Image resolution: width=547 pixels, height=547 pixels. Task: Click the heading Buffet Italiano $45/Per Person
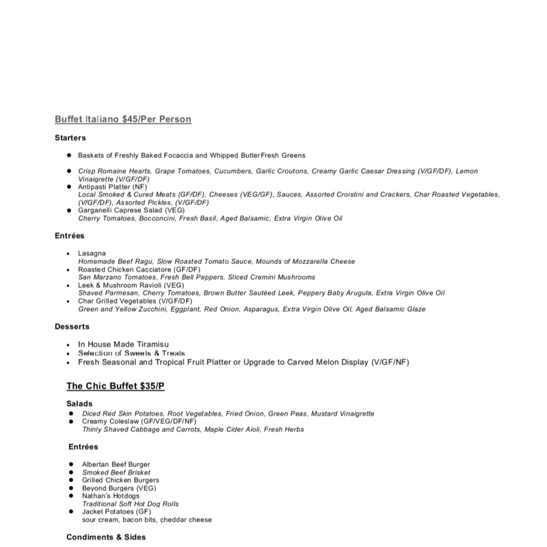click(122, 120)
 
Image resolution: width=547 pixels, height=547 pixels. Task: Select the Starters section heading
click(70, 138)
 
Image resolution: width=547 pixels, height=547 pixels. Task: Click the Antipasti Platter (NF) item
click(110, 186)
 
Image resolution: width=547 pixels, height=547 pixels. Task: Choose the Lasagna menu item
click(92, 254)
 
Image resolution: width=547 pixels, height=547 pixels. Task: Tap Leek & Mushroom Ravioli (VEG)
click(126, 285)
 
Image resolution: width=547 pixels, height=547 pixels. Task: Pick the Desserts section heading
click(72, 327)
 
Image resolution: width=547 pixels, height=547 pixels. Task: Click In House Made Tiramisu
click(123, 344)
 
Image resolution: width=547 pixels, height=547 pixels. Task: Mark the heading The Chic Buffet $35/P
click(115, 386)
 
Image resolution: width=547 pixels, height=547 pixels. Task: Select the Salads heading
click(79, 404)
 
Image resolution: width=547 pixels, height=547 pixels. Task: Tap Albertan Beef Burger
click(116, 465)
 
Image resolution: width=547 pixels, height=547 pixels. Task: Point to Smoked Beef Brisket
click(116, 472)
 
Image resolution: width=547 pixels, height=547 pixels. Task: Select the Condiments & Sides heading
click(106, 537)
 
